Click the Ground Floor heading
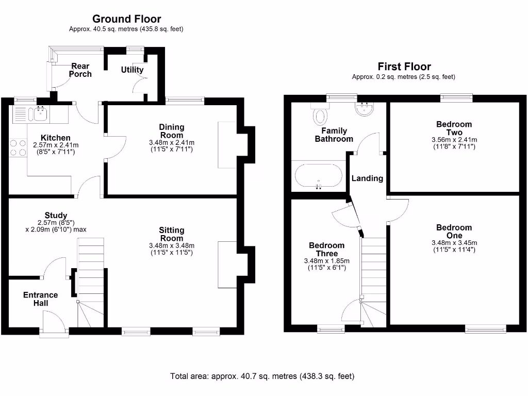pos(126,19)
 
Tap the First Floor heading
pos(404,67)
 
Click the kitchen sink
pos(39,114)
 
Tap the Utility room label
pos(132,70)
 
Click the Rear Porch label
pos(80,70)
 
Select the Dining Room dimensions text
pos(172,146)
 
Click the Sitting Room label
pos(172,234)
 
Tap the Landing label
pos(367,178)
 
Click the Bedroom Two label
pos(454,128)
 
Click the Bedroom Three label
pos(326,250)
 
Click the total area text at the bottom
pos(262,376)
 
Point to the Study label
pos(56,216)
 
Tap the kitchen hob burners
pos(17,147)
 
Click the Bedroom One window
pos(485,328)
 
